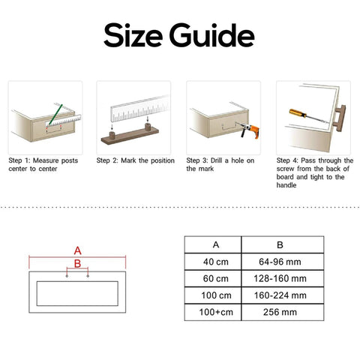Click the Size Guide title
click(179, 34)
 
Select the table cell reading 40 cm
click(216, 262)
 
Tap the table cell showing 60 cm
click(216, 278)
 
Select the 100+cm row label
click(216, 311)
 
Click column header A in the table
click(216, 244)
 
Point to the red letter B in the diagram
click(77, 263)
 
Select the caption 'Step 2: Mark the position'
click(135, 160)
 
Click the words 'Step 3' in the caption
click(198, 160)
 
